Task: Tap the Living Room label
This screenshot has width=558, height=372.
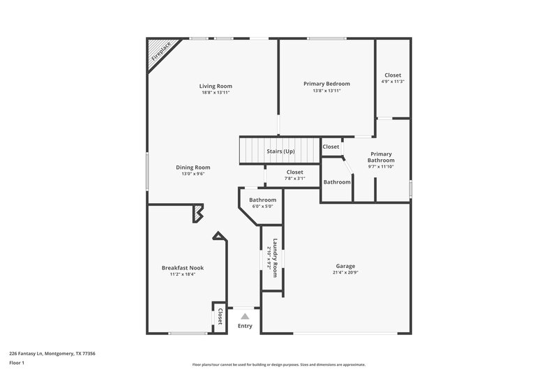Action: click(x=216, y=86)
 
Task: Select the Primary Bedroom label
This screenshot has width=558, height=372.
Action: click(x=326, y=84)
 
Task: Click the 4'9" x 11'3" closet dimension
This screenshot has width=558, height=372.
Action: click(x=393, y=82)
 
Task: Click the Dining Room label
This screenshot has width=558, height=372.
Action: click(x=193, y=168)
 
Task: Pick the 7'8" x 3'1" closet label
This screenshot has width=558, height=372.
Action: click(x=294, y=178)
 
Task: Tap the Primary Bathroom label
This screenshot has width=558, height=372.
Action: click(x=381, y=157)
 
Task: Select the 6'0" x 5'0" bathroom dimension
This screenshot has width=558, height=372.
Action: click(x=262, y=206)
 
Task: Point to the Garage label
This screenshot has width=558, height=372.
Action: click(x=345, y=266)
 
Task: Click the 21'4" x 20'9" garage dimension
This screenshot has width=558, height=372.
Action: click(x=345, y=273)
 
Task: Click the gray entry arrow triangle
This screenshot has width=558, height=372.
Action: click(x=245, y=316)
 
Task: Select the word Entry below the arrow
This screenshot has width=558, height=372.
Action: click(x=245, y=326)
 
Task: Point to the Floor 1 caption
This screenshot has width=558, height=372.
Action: click(x=17, y=364)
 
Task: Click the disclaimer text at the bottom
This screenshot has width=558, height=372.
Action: click(x=278, y=364)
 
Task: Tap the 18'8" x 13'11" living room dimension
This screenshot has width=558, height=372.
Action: click(x=216, y=92)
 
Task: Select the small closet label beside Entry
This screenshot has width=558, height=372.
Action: click(x=220, y=315)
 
